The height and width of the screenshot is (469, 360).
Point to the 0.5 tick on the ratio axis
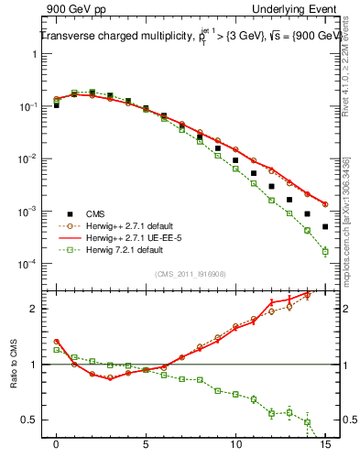32,420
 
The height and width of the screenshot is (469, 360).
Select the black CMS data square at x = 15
325,226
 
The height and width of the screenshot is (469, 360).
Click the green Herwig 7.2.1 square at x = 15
325,251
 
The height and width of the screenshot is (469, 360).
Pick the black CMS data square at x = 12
271,186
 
